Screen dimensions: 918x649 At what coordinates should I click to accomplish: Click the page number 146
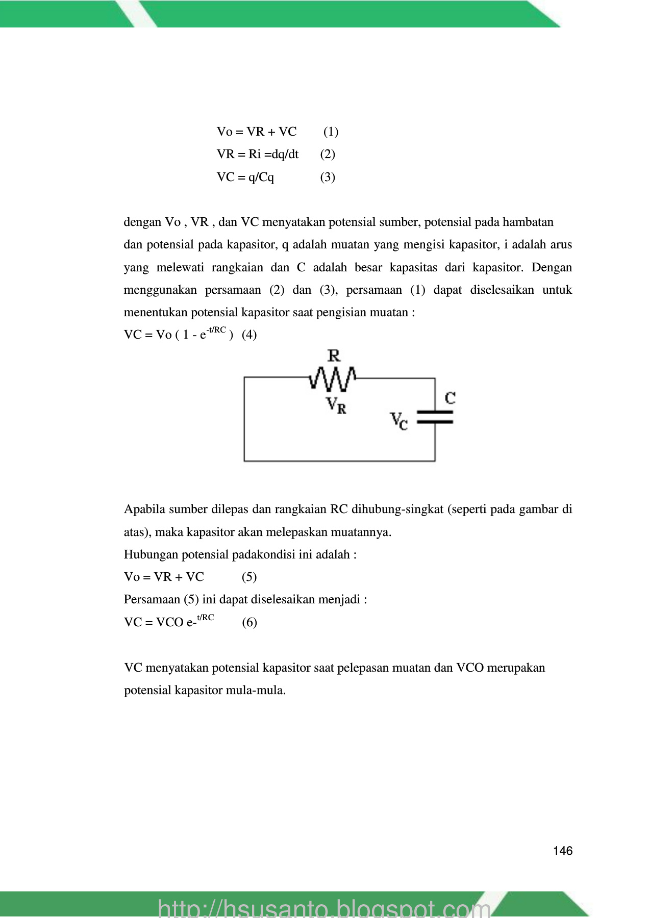(562, 851)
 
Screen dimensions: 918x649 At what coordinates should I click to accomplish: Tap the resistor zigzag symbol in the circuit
(333, 379)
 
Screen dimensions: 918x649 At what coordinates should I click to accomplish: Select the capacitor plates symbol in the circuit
(435, 417)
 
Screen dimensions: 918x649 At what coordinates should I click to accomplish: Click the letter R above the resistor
(334, 355)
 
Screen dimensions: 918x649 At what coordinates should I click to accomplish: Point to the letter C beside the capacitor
(450, 398)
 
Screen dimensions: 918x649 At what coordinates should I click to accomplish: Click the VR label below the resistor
(336, 406)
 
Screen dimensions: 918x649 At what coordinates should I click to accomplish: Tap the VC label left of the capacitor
(399, 421)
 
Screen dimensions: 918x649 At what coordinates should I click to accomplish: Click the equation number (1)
(331, 132)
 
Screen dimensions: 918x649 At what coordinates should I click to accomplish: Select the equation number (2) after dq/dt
(328, 154)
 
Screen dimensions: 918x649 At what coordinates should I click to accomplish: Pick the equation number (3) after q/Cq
(328, 177)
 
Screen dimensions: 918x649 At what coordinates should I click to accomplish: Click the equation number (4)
(249, 335)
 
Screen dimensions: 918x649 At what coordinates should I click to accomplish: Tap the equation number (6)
(249, 622)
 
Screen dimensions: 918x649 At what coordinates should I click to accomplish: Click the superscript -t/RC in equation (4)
(216, 330)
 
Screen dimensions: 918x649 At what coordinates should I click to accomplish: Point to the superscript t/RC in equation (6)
(206, 618)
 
